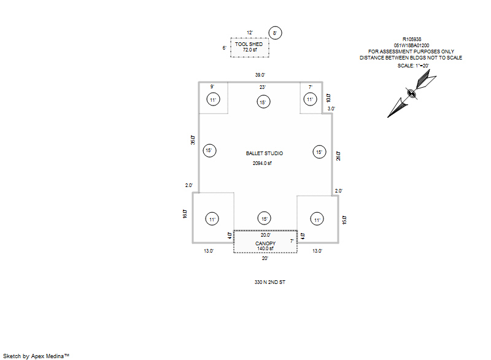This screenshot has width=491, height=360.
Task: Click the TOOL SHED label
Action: coord(249,44)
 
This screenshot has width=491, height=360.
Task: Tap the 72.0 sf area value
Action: coord(249,50)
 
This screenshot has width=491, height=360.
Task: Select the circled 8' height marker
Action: coord(275,33)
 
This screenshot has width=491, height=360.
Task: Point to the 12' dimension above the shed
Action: coord(250,33)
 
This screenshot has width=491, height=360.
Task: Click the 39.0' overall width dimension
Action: coord(261,75)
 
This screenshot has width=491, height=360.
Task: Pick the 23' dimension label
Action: coord(262,87)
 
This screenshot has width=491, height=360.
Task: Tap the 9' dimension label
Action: coord(212,87)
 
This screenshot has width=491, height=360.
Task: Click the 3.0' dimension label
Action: coord(331,109)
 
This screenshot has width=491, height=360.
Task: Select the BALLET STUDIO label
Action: coord(265,153)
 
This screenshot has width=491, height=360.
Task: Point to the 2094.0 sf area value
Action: coord(262,164)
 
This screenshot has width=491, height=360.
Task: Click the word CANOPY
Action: coord(266,243)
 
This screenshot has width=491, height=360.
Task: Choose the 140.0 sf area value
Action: coord(266,248)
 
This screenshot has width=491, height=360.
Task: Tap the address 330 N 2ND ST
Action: coord(271,283)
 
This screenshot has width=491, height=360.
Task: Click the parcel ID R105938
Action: coord(411,39)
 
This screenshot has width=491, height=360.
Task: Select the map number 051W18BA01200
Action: coord(411,45)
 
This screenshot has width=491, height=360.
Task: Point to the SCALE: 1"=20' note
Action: coord(414,65)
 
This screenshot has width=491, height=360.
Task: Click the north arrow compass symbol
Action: coord(411,94)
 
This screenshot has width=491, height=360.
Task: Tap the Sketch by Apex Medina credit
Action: coord(36,355)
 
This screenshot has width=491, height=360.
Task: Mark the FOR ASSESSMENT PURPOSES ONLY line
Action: coord(411,52)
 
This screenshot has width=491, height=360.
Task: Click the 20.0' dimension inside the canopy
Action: coord(266,236)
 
